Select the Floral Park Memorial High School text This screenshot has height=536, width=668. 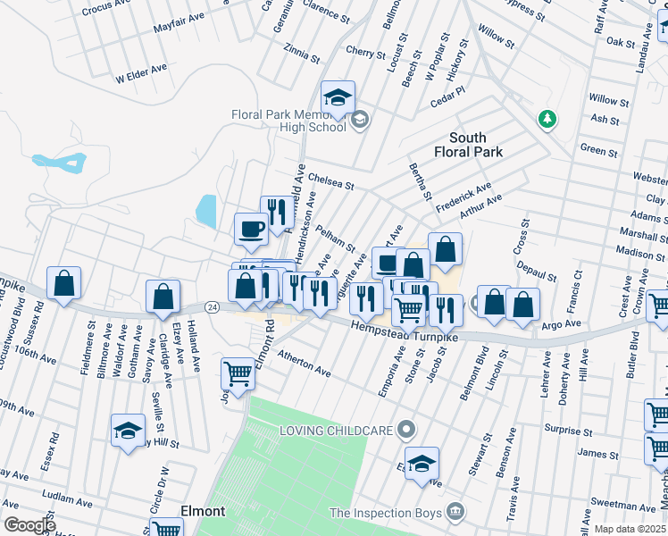pyautogui.click(x=288, y=121)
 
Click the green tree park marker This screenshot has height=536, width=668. pyautogui.click(x=547, y=119)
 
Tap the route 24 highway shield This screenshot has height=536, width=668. pyautogui.click(x=212, y=306)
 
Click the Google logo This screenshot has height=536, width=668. pyautogui.click(x=29, y=525)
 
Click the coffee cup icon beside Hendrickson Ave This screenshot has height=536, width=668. pyautogui.click(x=251, y=228)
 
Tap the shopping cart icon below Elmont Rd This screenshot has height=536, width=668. pyautogui.click(x=238, y=373)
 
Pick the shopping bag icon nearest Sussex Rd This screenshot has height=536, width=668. pyautogui.click(x=63, y=283)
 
